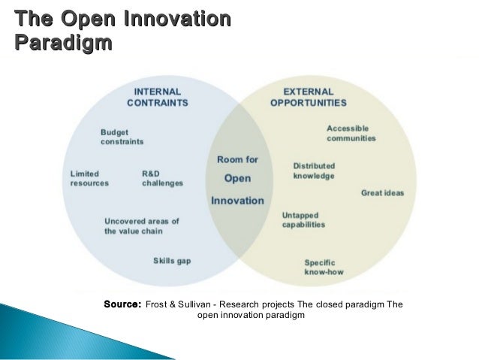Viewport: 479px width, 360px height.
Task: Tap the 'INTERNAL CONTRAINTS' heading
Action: click(157, 95)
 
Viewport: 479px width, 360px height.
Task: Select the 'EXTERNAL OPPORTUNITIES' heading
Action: click(309, 95)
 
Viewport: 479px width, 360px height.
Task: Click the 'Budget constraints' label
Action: click(122, 136)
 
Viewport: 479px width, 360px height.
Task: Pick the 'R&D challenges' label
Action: click(161, 178)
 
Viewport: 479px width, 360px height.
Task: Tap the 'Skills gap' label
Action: click(172, 260)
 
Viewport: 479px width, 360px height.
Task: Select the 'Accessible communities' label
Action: click(351, 133)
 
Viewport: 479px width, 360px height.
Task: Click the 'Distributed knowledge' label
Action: click(314, 171)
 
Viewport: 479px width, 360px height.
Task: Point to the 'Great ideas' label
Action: click(382, 193)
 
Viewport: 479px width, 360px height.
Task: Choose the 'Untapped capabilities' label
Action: click(303, 219)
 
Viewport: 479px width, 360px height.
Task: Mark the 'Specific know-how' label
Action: click(324, 267)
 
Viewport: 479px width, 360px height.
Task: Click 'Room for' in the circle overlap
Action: click(237, 159)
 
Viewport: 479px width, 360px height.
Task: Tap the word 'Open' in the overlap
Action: click(237, 179)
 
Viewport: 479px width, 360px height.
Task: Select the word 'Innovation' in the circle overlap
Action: click(237, 201)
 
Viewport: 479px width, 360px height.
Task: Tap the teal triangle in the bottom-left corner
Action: click(30, 331)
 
